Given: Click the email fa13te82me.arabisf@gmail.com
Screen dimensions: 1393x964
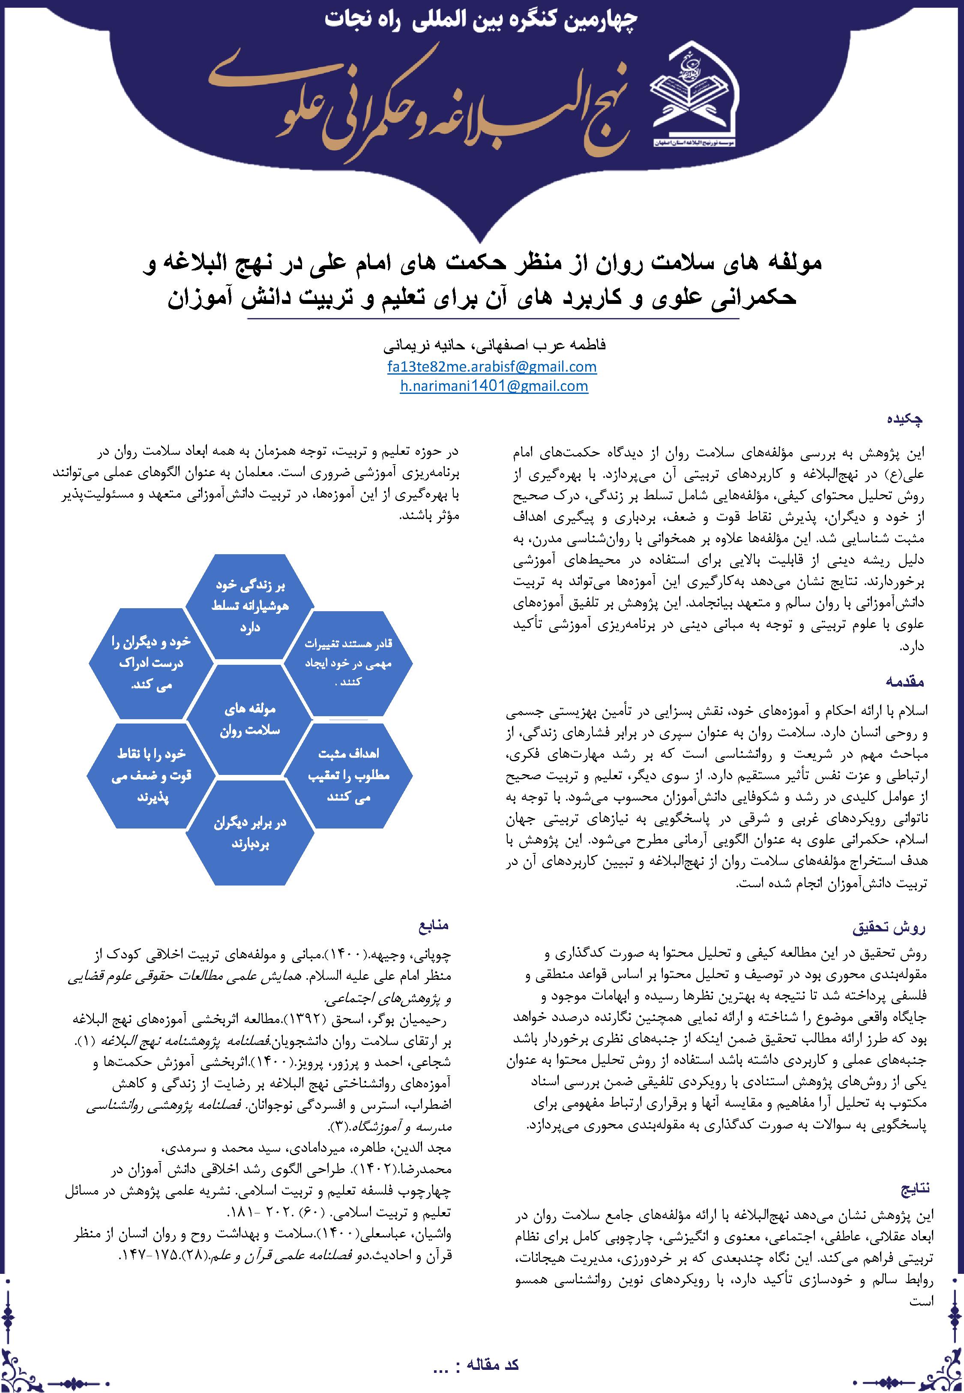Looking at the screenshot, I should coord(492,366).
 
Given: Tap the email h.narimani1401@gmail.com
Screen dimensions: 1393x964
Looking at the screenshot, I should coord(494,386).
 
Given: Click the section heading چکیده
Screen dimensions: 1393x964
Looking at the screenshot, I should coord(904,419).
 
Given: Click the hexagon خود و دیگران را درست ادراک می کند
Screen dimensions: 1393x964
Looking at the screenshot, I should coord(151,663).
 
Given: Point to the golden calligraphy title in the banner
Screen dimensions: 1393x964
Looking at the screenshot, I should coord(423,106).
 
